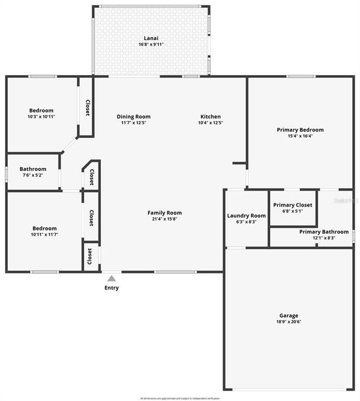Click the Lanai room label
151,38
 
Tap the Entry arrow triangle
111,278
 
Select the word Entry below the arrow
111,288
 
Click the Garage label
289,315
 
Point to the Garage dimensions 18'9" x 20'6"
289,321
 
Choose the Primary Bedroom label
300,130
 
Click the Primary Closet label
293,205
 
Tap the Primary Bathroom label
324,232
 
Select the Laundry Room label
246,216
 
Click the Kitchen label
211,116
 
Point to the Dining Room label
134,116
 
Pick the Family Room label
164,213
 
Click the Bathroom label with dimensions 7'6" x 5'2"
33,169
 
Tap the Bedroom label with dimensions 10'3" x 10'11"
41,110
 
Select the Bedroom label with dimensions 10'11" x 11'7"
44,228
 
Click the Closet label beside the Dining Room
87,107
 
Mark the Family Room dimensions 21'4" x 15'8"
164,219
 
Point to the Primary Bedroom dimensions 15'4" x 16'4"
300,136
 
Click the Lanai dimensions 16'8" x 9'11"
151,44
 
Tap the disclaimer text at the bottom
180,398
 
